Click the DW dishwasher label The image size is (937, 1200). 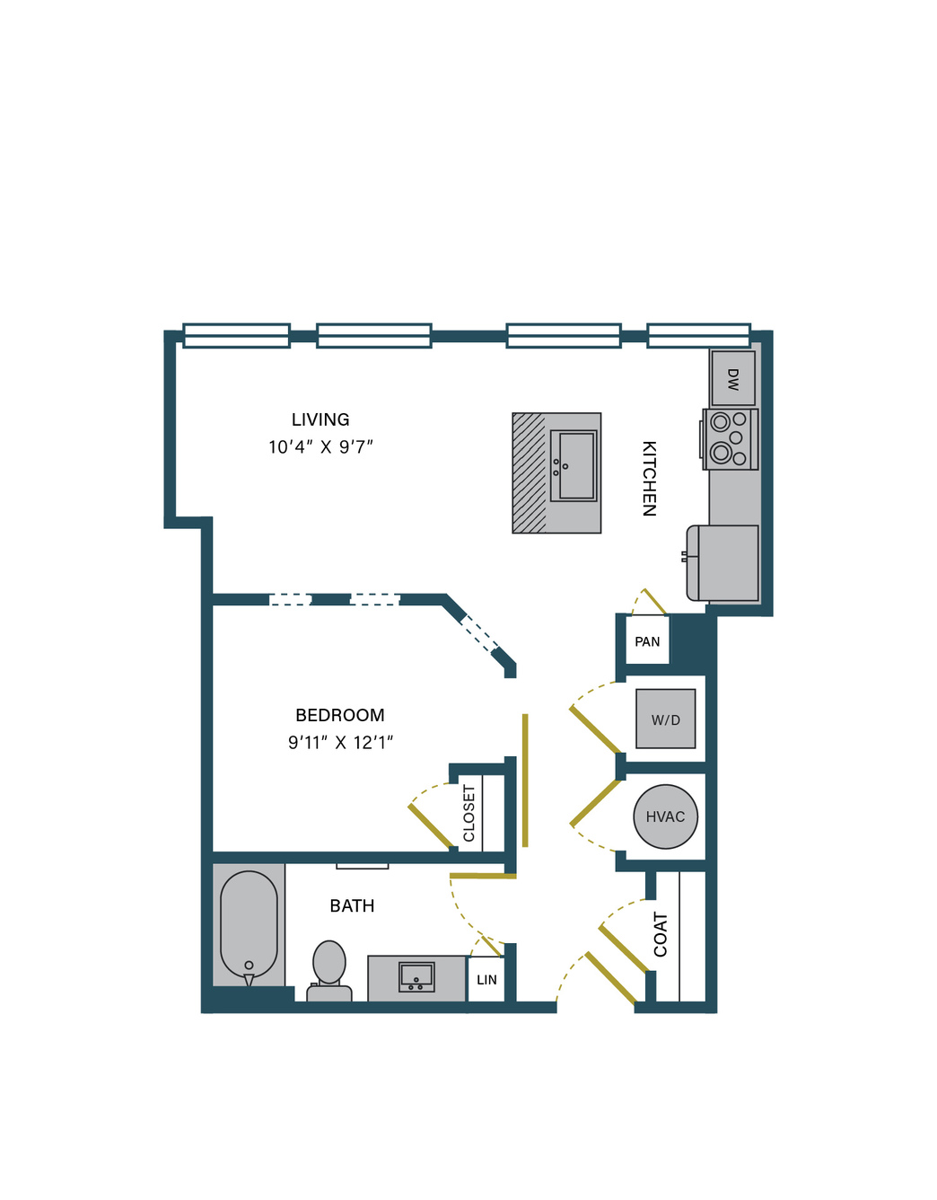pos(732,380)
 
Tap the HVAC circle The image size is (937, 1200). pos(665,816)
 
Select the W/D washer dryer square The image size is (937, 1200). pos(665,719)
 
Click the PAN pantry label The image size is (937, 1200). pos(647,641)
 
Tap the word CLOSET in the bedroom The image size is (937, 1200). pos(468,814)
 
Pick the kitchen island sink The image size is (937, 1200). pos(574,465)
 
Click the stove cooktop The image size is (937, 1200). pos(730,439)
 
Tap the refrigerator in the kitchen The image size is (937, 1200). pos(722,562)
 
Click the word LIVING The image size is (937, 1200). pos(320,419)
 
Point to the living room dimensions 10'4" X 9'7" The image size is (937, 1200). pos(321,446)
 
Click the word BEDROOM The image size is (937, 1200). pos(340,715)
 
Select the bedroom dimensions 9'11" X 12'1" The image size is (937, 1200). pos(340,742)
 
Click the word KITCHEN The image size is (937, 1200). pos(650,478)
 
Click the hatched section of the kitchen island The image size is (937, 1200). pos(529,472)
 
